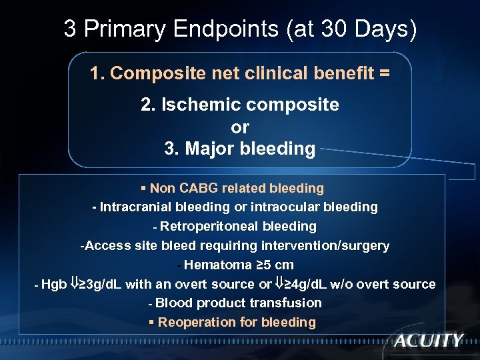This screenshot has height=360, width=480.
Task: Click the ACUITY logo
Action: click(428, 341)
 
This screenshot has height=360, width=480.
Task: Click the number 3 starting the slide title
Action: click(69, 29)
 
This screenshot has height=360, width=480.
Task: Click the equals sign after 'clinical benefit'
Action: click(384, 73)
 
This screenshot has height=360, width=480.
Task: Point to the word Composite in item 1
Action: click(145, 73)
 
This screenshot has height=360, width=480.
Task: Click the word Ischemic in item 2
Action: click(199, 105)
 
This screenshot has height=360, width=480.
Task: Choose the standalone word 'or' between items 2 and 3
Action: click(240, 127)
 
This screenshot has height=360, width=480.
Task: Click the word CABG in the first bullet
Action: click(199, 189)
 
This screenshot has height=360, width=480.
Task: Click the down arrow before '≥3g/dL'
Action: click(74, 284)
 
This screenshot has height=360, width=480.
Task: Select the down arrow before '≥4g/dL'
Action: click(280, 284)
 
